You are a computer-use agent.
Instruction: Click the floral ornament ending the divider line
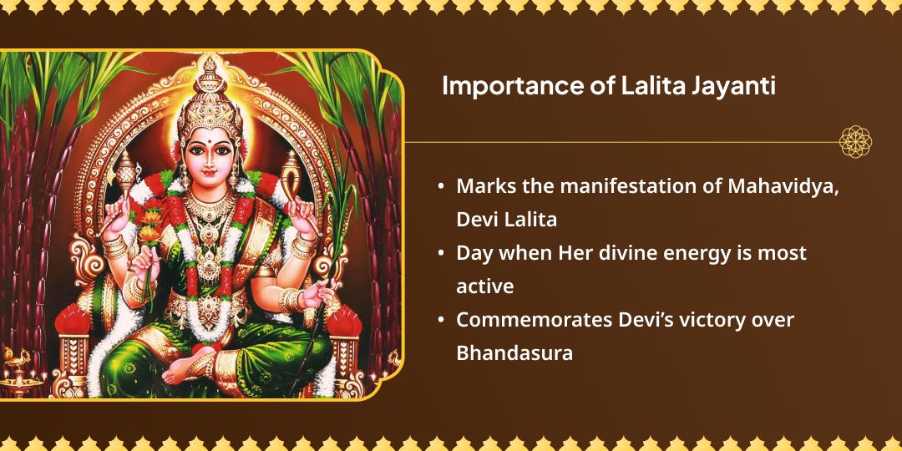pyautogui.click(x=855, y=142)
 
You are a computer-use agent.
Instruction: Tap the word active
pyautogui.click(x=484, y=286)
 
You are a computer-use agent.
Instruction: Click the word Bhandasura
pyautogui.click(x=514, y=352)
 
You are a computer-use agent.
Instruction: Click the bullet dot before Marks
pyautogui.click(x=440, y=186)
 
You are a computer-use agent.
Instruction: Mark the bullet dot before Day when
pyautogui.click(x=440, y=252)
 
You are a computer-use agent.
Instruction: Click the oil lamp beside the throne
pyautogui.click(x=18, y=374)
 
